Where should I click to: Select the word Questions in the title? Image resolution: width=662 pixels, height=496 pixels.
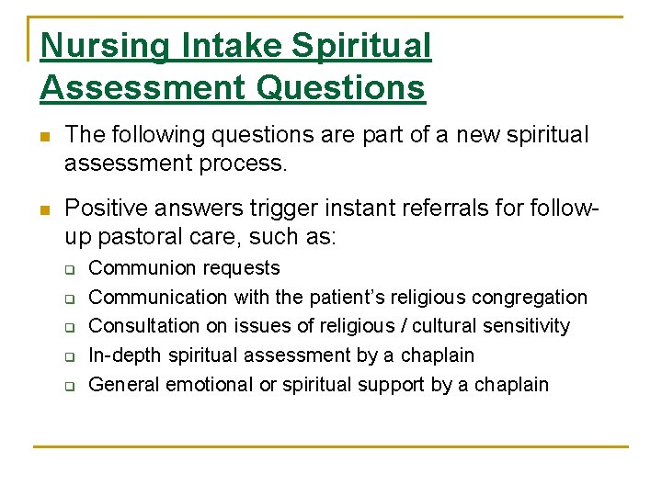pos(342,88)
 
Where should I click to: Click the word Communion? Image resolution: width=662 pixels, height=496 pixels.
pos(139,268)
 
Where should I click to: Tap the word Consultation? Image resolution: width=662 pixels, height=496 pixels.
pos(139,326)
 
